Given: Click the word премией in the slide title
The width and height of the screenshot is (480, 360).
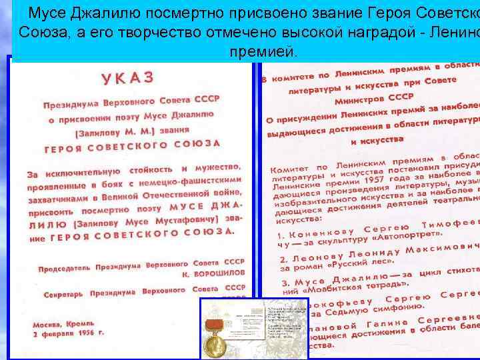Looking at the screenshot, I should (265, 51).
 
